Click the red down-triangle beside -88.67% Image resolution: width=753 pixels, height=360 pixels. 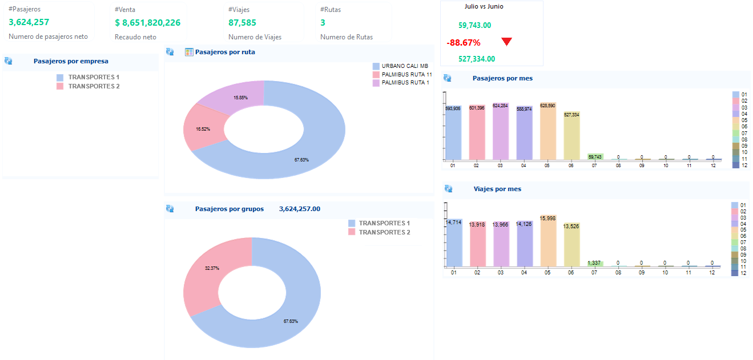tap(506, 41)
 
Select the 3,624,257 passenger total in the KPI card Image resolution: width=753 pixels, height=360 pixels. tap(29, 22)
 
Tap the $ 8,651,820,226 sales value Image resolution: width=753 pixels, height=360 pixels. tap(148, 22)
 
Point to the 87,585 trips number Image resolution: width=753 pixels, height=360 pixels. tap(242, 22)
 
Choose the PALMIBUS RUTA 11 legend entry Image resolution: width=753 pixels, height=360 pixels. tap(402, 74)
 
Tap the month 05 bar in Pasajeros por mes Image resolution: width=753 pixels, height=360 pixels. tap(548, 131)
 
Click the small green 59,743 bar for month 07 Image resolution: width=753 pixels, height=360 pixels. tap(595, 157)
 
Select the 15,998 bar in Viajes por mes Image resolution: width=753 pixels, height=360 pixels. tap(548, 241)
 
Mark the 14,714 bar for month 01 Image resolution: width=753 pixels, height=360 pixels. tap(454, 243)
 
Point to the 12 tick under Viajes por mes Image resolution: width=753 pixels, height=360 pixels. tap(712, 273)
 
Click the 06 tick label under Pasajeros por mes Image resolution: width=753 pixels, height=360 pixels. tap(571, 165)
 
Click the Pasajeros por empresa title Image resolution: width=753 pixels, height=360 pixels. tap(71, 61)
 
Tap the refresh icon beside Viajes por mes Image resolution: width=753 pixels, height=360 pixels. tap(449, 189)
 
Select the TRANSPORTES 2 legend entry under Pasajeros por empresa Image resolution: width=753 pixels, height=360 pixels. tap(88, 86)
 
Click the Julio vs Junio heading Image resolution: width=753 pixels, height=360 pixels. tap(484, 6)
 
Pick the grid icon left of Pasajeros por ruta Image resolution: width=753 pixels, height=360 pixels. tap(189, 52)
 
